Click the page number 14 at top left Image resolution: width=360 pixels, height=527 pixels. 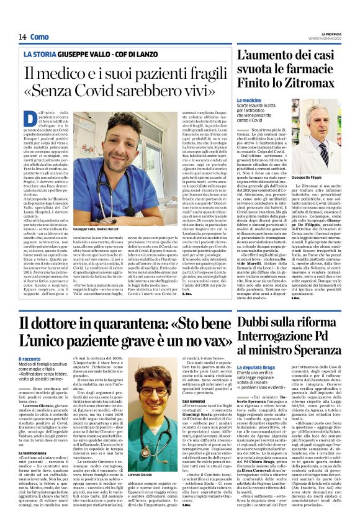[22, 37]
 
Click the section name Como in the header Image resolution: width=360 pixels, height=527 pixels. [39, 37]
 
